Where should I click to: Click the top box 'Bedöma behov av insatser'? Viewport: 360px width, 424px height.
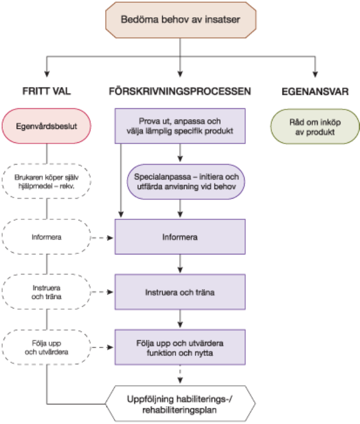180,20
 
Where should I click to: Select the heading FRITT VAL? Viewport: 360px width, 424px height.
47,91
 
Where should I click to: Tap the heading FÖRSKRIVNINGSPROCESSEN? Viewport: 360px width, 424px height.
180,91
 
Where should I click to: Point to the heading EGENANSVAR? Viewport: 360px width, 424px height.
315,91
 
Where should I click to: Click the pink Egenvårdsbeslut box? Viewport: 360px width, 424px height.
47,126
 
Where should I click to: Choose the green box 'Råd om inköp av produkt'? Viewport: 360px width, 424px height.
315,127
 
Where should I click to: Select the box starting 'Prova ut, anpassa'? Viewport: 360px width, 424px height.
180,127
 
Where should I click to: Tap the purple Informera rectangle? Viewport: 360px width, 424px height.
180,237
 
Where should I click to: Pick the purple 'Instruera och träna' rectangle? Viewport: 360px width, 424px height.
180,292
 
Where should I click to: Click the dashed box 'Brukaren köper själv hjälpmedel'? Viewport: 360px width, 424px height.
47,181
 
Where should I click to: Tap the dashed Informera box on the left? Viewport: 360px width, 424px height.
47,237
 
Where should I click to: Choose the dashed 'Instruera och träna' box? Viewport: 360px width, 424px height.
47,292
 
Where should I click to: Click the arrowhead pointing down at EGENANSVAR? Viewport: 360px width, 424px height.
315,73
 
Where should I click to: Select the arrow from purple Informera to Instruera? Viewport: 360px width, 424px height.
180,264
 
